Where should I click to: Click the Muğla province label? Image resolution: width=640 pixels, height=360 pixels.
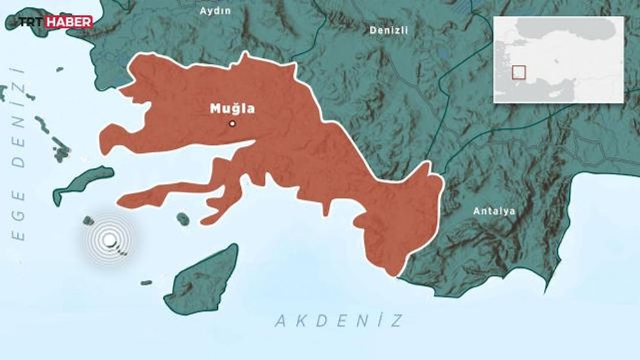click(232, 109)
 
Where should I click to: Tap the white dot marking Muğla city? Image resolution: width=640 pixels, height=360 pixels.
click(233, 124)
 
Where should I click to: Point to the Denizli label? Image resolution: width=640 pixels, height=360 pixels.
click(389, 30)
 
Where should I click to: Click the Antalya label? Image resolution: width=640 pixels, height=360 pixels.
click(493, 210)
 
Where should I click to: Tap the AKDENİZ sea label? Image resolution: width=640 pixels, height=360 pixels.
click(339, 320)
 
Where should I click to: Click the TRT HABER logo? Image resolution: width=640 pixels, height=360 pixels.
click(54, 22)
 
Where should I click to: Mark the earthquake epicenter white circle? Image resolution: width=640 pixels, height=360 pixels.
click(110, 240)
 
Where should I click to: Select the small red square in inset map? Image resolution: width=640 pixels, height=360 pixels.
click(519, 72)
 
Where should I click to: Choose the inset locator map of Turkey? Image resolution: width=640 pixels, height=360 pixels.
click(558, 59)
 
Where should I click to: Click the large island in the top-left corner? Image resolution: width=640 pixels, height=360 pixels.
click(39, 19)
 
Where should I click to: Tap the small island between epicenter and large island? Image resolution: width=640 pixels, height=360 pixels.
click(183, 219)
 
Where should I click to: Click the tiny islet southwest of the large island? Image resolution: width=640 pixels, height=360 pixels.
click(147, 282)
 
